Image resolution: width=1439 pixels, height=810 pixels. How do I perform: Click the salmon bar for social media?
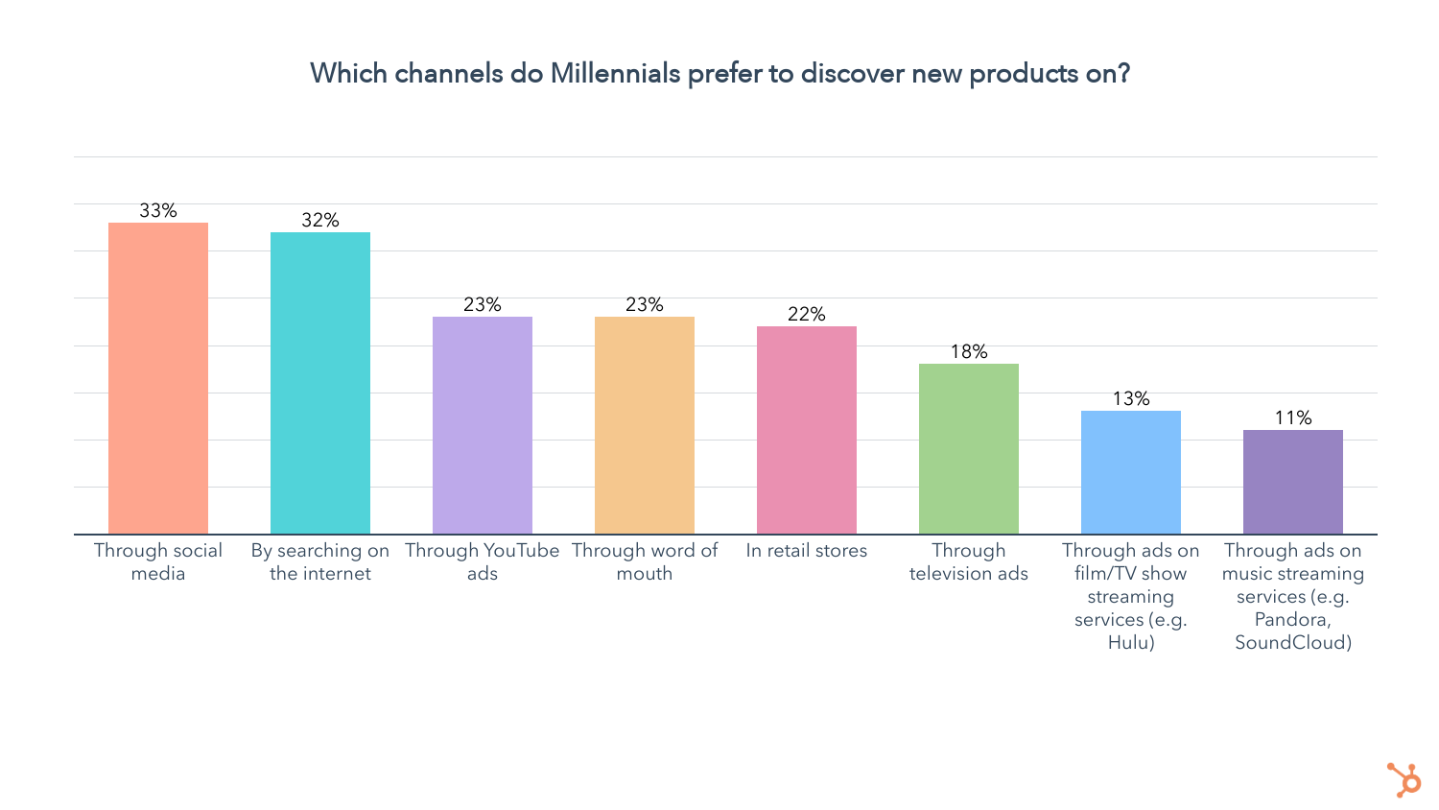(158, 378)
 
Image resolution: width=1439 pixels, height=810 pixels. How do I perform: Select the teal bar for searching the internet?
(320, 383)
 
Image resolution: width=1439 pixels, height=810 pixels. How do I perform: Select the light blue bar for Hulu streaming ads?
(1131, 472)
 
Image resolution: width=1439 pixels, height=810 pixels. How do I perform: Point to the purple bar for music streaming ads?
(1293, 482)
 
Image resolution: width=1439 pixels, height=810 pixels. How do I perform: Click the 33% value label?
(158, 211)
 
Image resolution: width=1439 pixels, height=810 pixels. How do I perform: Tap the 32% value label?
(320, 221)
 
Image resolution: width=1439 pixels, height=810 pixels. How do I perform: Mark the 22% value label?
(807, 315)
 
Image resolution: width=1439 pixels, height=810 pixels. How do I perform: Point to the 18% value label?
(969, 352)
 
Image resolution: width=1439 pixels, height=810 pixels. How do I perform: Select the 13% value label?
(1131, 399)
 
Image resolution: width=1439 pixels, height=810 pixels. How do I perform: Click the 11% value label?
(1293, 418)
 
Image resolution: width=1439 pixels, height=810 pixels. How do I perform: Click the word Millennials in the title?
(615, 74)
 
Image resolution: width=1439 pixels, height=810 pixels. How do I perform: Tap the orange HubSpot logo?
(1404, 779)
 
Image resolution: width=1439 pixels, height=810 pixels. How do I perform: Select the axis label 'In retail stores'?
(807, 551)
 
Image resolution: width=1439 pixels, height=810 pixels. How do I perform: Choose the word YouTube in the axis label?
(522, 551)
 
